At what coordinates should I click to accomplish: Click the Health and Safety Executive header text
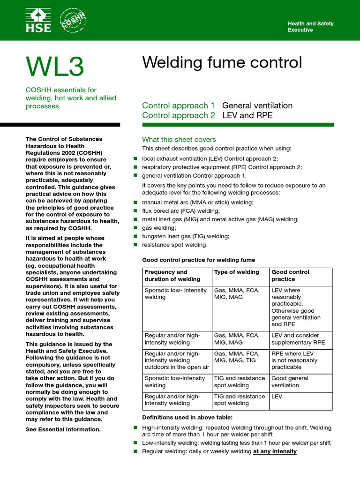(x=310, y=27)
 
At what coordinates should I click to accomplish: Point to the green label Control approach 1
(x=178, y=105)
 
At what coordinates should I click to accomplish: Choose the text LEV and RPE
(x=247, y=115)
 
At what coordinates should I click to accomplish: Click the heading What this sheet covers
(x=179, y=139)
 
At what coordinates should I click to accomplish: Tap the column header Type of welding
(x=236, y=272)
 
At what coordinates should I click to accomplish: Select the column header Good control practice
(x=290, y=275)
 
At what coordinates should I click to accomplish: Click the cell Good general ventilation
(x=290, y=382)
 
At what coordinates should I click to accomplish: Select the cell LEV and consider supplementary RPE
(x=298, y=338)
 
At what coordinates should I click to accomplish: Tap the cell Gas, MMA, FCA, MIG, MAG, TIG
(x=236, y=357)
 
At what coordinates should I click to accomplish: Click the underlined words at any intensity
(x=275, y=451)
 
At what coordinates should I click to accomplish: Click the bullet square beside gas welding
(x=136, y=228)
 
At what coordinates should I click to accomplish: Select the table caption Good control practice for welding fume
(x=199, y=260)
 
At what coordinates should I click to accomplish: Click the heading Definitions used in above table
(x=187, y=417)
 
